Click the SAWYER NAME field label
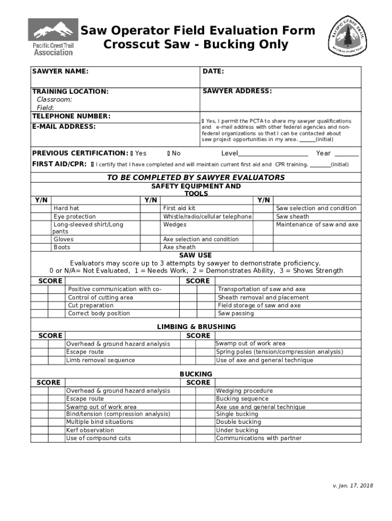point(60,71)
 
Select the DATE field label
point(213,71)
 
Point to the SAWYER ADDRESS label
point(237,91)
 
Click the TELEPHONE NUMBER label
point(71,117)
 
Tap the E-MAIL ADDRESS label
point(64,126)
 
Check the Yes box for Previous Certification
point(131,153)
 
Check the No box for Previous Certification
point(169,153)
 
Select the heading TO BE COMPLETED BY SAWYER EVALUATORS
point(195,178)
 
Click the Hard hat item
point(66,208)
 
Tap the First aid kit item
point(179,208)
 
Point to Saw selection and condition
point(316,208)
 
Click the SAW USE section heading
point(195,255)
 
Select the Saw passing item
point(235,313)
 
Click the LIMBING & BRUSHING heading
point(196,327)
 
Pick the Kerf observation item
point(90,430)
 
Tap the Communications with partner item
point(259,438)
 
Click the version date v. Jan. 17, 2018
point(349,485)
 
